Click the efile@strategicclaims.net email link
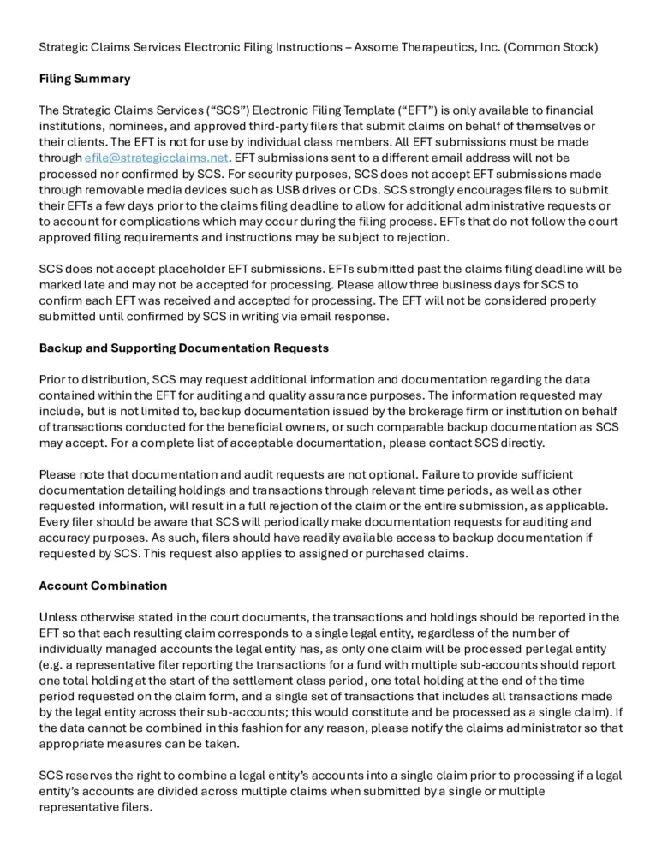click(157, 158)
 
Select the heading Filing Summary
click(85, 79)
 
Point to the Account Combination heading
click(103, 586)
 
